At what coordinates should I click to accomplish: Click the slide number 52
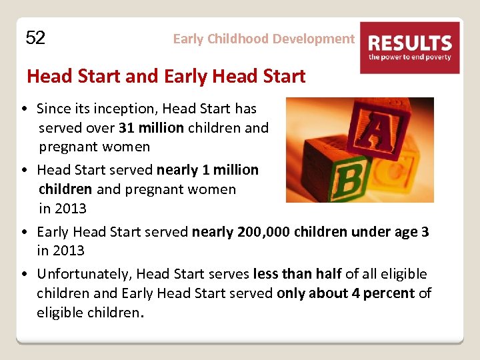tap(35, 38)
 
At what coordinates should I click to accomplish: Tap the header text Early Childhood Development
tap(263, 39)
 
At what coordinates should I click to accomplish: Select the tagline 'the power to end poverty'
tap(409, 57)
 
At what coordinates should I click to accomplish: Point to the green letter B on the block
tap(347, 178)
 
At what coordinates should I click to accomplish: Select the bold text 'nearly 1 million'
tap(207, 170)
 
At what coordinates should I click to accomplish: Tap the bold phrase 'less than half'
tap(297, 274)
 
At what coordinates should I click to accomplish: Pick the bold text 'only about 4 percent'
tap(345, 293)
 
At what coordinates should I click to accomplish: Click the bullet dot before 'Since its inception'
tap(23, 109)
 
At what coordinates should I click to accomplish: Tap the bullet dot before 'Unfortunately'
tap(23, 275)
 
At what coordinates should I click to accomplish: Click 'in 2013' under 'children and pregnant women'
tap(63, 209)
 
